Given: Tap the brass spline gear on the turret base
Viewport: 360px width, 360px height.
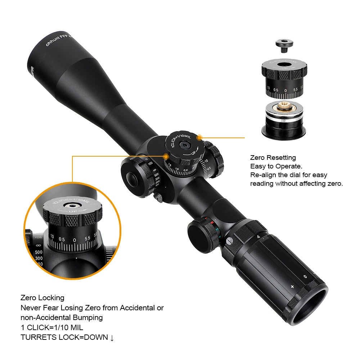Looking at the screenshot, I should coord(284,107).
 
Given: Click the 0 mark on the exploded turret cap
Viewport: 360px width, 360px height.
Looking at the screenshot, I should coord(285,90).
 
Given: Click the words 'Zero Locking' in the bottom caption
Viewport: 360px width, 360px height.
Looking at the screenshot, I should coord(42,298).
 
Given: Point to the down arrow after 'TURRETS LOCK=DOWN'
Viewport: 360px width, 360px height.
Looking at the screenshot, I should coord(112,338).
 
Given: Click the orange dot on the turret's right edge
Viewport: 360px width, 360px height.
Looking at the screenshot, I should coord(200,137).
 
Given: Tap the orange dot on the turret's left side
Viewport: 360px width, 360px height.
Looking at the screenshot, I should coord(166,156).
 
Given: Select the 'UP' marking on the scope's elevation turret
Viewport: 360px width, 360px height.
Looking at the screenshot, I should coord(190,153).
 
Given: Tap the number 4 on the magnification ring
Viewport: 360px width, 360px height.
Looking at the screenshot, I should coord(258,237).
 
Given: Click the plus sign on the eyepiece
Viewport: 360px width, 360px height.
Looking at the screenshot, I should coord(292,287).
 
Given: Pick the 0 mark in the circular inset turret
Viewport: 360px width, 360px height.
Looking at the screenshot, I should coord(75,240).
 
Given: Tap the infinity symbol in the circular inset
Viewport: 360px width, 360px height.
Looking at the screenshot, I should coord(39,246).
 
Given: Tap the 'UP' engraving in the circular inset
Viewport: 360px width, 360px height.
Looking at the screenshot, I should coord(73,211).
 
